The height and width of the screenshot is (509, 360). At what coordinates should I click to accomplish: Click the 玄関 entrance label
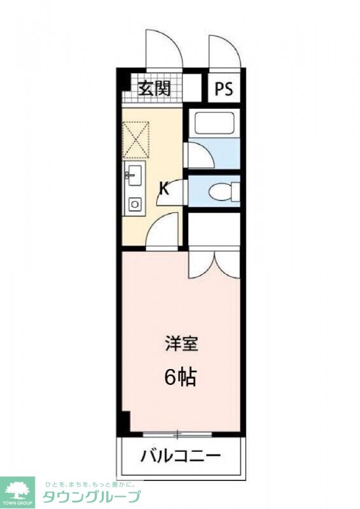[x=155, y=88]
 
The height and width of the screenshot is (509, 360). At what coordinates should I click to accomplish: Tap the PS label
[x=223, y=88]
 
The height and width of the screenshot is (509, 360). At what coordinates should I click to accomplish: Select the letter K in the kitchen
[x=163, y=188]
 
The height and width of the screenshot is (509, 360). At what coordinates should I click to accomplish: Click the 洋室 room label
[x=181, y=345]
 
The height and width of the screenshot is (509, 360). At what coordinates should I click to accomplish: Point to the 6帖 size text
[x=180, y=377]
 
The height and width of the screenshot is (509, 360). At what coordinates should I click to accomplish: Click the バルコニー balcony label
[x=180, y=456]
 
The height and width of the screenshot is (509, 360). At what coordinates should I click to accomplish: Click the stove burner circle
[x=134, y=204]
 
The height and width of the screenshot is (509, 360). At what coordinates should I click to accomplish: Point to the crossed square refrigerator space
[x=136, y=137]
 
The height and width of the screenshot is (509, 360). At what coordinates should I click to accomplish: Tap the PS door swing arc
[x=224, y=51]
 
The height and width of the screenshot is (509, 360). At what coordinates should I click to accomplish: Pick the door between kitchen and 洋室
[x=163, y=232]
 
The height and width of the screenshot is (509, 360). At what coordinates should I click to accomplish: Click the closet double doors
[x=214, y=262]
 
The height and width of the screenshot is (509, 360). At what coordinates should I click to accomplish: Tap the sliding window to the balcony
[x=177, y=435]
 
